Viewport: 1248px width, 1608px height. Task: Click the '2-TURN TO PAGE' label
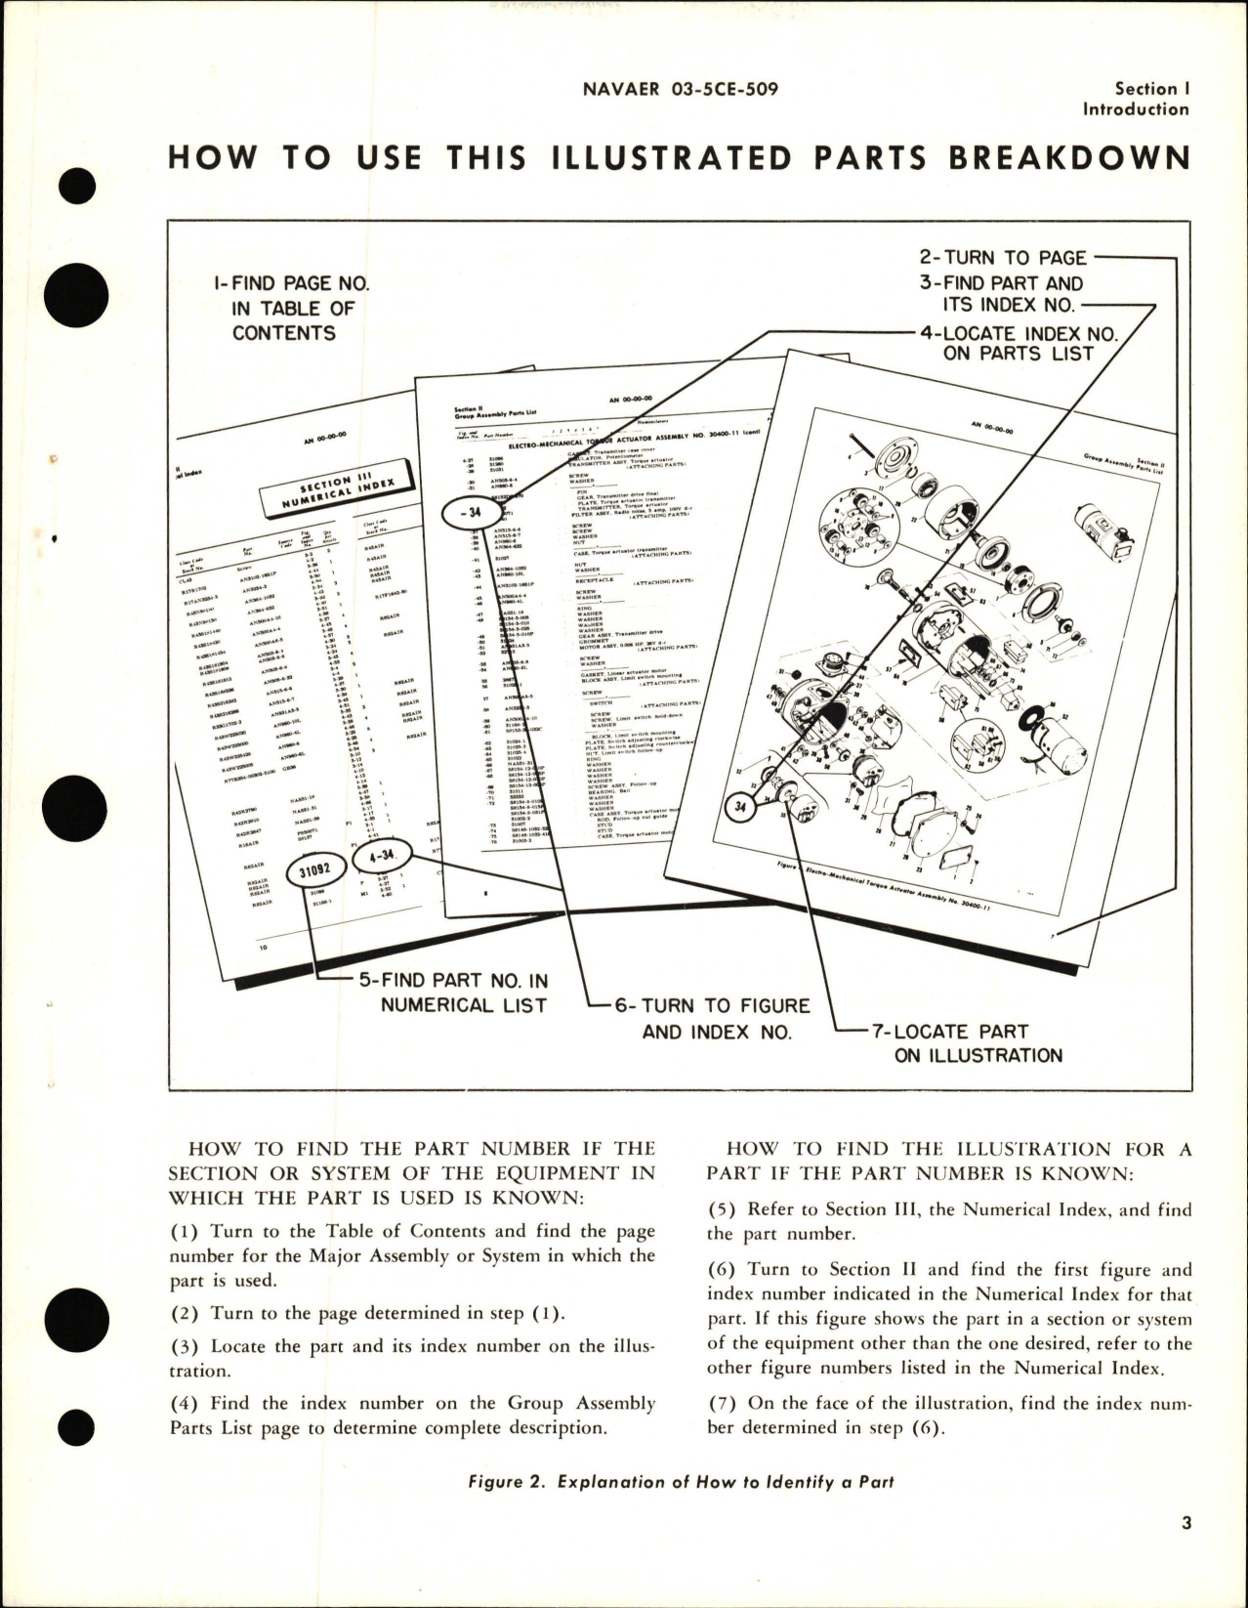point(1003,258)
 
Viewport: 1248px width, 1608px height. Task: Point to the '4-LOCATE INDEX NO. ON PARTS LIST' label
point(1019,344)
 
